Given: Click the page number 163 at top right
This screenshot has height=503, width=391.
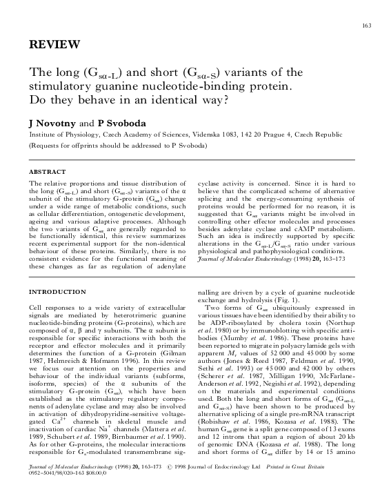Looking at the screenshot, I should pyautogui.click(x=366, y=26).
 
